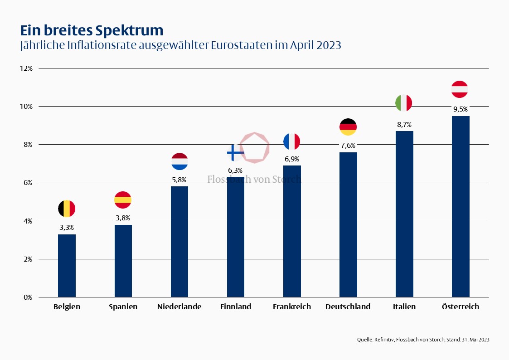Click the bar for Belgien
(67, 265)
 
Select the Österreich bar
(461, 206)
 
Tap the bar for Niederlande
(179, 241)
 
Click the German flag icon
(348, 127)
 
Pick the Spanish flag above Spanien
(123, 199)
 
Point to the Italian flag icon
(404, 103)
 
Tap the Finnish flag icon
(235, 153)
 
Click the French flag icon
(292, 142)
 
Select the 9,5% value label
(461, 109)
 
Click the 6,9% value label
(292, 159)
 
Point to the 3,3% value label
(67, 227)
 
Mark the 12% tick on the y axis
(26, 68)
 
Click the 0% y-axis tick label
(28, 297)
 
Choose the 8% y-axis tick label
(28, 145)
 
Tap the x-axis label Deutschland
(348, 306)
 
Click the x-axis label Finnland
(235, 306)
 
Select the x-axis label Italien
(404, 306)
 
